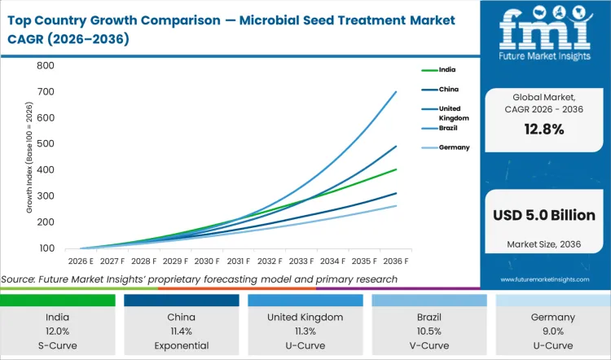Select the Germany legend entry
pos(454,147)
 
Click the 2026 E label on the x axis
pos(81,261)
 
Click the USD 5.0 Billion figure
pos(545,214)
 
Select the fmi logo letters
pos(544,29)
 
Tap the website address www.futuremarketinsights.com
pos(545,279)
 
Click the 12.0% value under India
pos(58,330)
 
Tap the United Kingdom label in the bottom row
pos(305,317)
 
